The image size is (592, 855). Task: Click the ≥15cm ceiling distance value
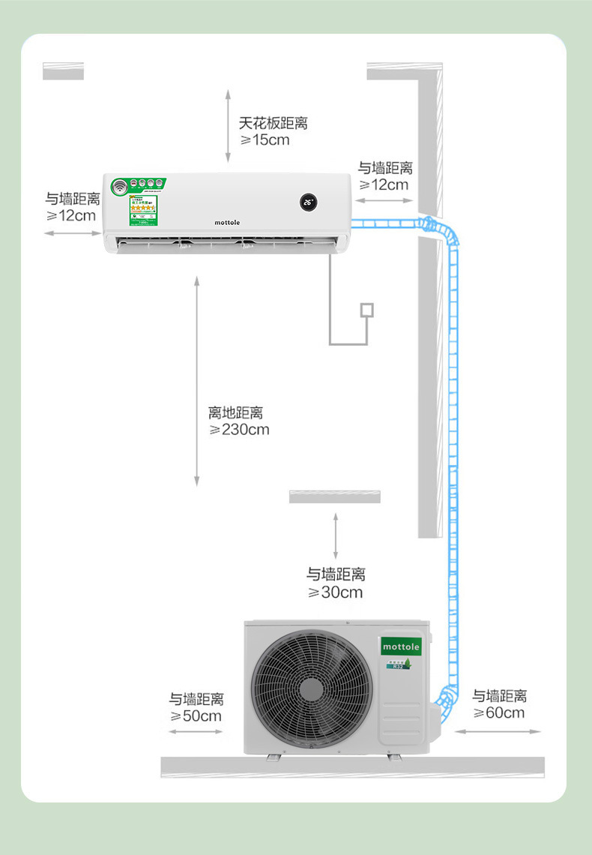pyautogui.click(x=264, y=140)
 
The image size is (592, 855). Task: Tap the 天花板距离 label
pyautogui.click(x=273, y=123)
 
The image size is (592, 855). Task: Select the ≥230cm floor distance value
pyautogui.click(x=239, y=430)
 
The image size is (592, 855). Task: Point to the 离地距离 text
pyautogui.click(x=235, y=412)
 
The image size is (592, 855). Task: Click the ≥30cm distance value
pyautogui.click(x=335, y=592)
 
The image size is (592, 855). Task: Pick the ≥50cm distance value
pyautogui.click(x=196, y=715)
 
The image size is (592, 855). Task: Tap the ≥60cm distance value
pyautogui.click(x=499, y=712)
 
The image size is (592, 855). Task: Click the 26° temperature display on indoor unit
pyautogui.click(x=308, y=202)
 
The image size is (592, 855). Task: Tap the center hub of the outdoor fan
pyautogui.click(x=312, y=689)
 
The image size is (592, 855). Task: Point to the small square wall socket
pyautogui.click(x=366, y=309)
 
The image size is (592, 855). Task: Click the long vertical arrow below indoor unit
pyautogui.click(x=197, y=380)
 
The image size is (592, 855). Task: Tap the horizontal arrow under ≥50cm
pyautogui.click(x=196, y=732)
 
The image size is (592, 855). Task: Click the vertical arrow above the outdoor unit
pyautogui.click(x=335, y=535)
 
